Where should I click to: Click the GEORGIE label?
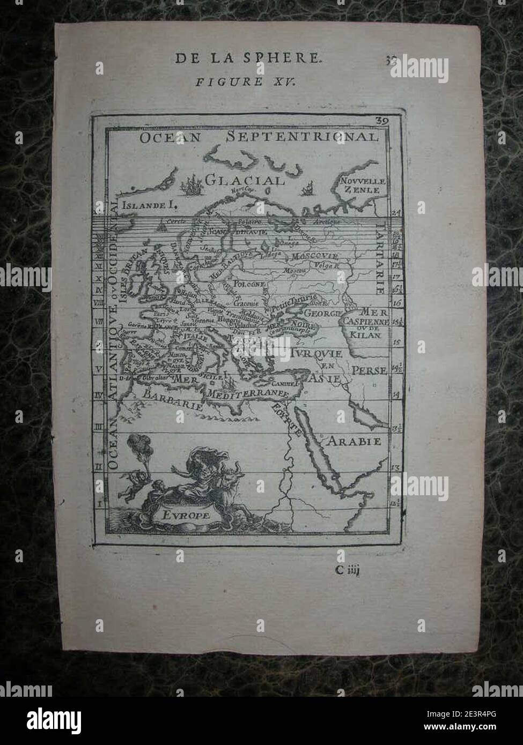(x=323, y=312)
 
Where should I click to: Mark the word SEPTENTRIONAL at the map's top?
(x=302, y=137)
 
